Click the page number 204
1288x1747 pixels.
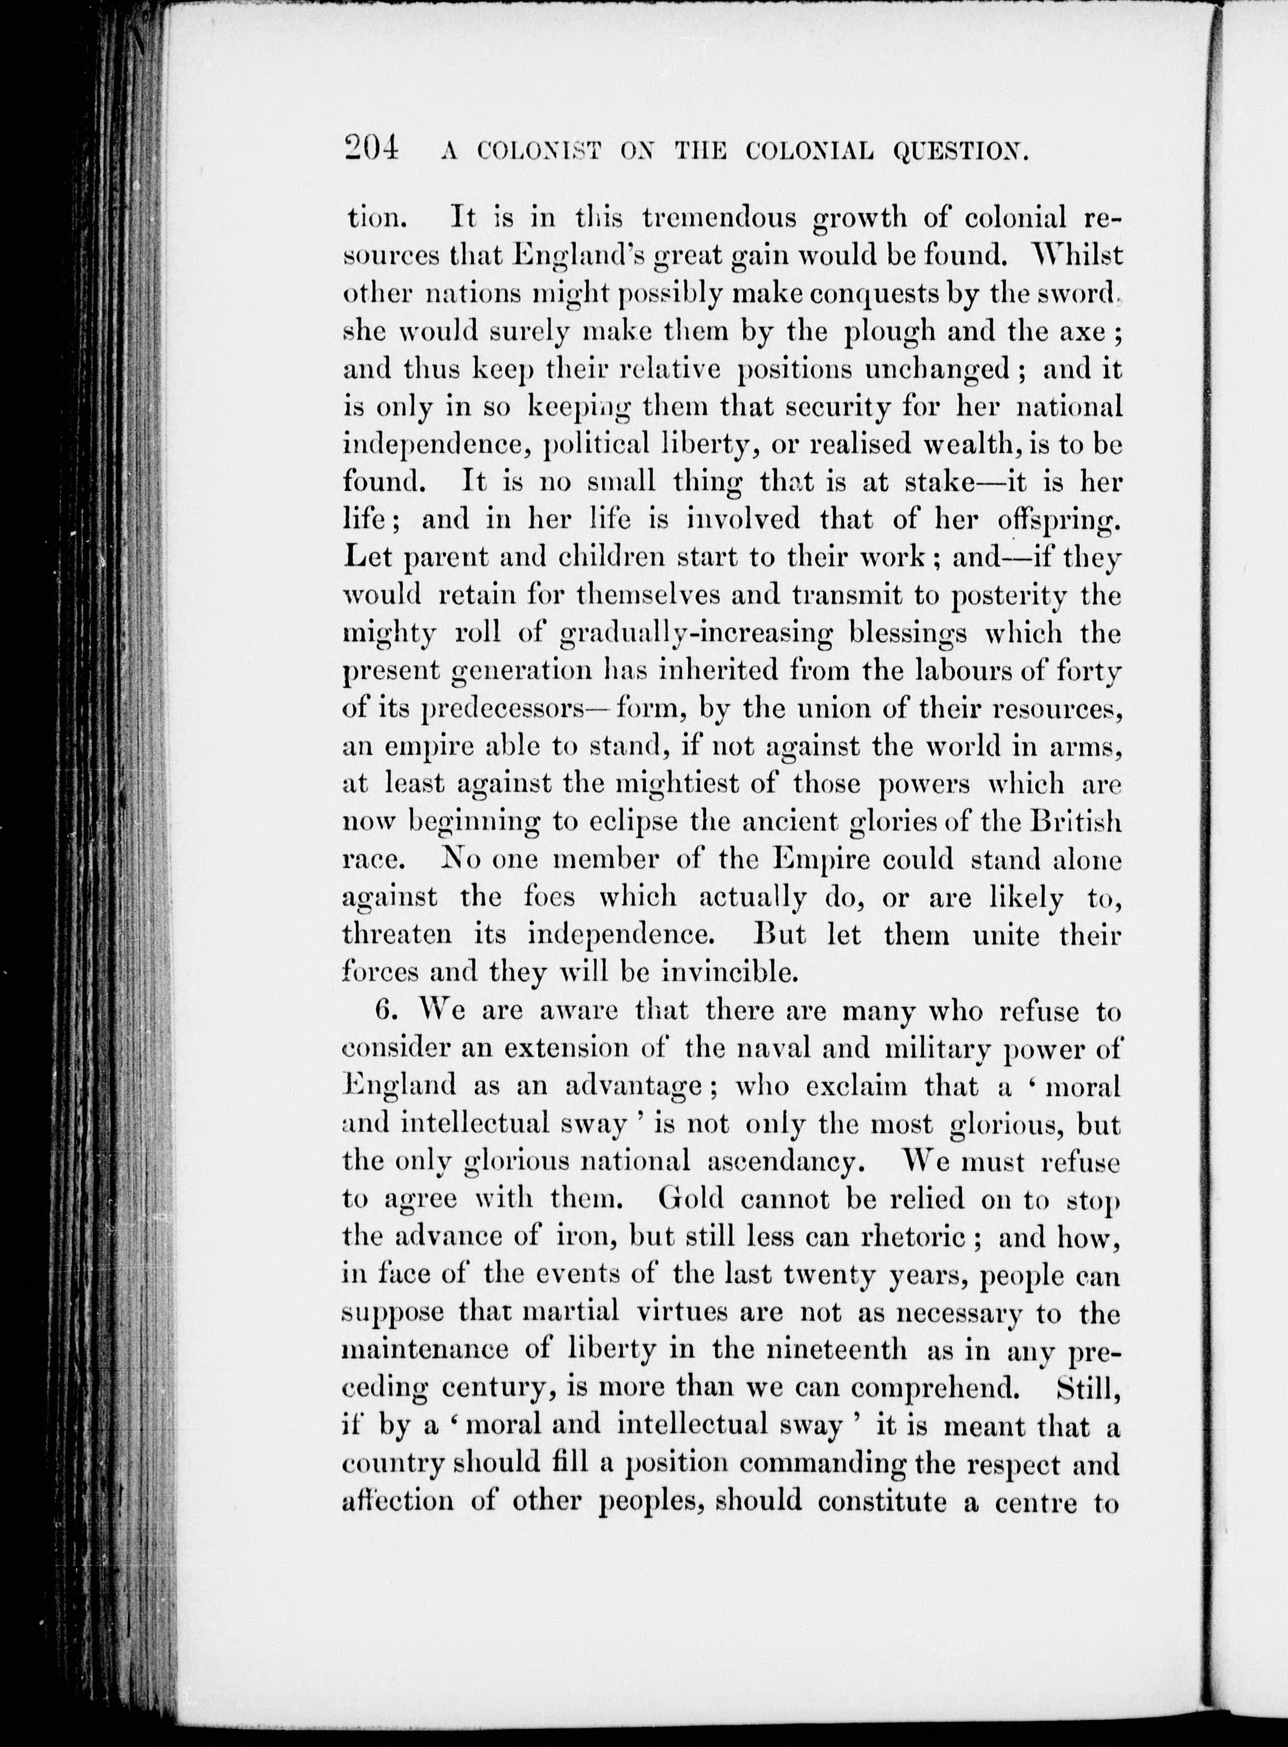pos(371,147)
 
